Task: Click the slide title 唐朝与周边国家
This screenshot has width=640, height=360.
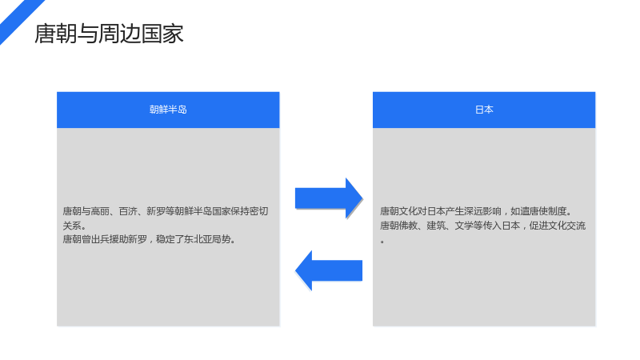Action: point(109,34)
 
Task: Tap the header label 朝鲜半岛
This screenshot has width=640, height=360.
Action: point(168,110)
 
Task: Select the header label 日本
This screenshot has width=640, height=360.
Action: point(484,110)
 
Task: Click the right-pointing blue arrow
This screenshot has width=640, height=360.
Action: point(329,198)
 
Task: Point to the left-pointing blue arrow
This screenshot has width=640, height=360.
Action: point(329,270)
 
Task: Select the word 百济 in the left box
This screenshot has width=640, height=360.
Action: point(128,211)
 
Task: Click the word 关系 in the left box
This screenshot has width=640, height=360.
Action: point(72,226)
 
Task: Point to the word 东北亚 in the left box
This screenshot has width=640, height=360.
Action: point(198,239)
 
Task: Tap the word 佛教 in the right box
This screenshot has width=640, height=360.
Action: point(408,226)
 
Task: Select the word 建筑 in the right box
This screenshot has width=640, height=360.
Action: point(436,226)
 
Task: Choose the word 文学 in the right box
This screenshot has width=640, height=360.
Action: point(464,226)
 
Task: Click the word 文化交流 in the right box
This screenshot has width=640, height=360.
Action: point(567,226)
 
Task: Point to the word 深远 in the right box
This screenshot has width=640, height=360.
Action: point(473,211)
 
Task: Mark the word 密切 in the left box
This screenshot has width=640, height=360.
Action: point(258,211)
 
